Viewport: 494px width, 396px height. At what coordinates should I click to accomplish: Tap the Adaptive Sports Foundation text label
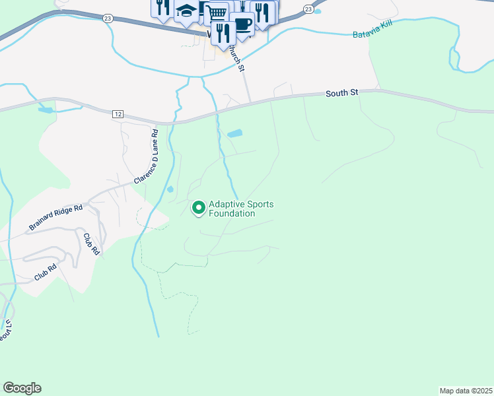tap(241, 209)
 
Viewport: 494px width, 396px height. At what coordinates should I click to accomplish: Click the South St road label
tap(341, 94)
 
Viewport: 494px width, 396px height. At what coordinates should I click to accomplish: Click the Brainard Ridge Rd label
tap(55, 218)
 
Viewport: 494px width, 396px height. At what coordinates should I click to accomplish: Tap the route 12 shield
tap(118, 114)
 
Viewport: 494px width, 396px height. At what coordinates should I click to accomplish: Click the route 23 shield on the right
tap(308, 9)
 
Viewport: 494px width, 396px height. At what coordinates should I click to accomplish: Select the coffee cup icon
tap(242, 24)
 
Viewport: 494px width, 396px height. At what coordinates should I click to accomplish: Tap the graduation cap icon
tap(186, 11)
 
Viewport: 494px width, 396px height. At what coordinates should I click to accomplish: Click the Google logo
tap(22, 388)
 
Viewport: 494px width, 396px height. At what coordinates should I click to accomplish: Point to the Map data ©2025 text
tap(466, 390)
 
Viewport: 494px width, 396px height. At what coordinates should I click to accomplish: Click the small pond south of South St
tap(234, 133)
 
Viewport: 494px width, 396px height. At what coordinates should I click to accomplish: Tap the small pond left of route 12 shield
tap(46, 110)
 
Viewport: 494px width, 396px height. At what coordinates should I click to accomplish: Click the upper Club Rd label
tap(90, 244)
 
